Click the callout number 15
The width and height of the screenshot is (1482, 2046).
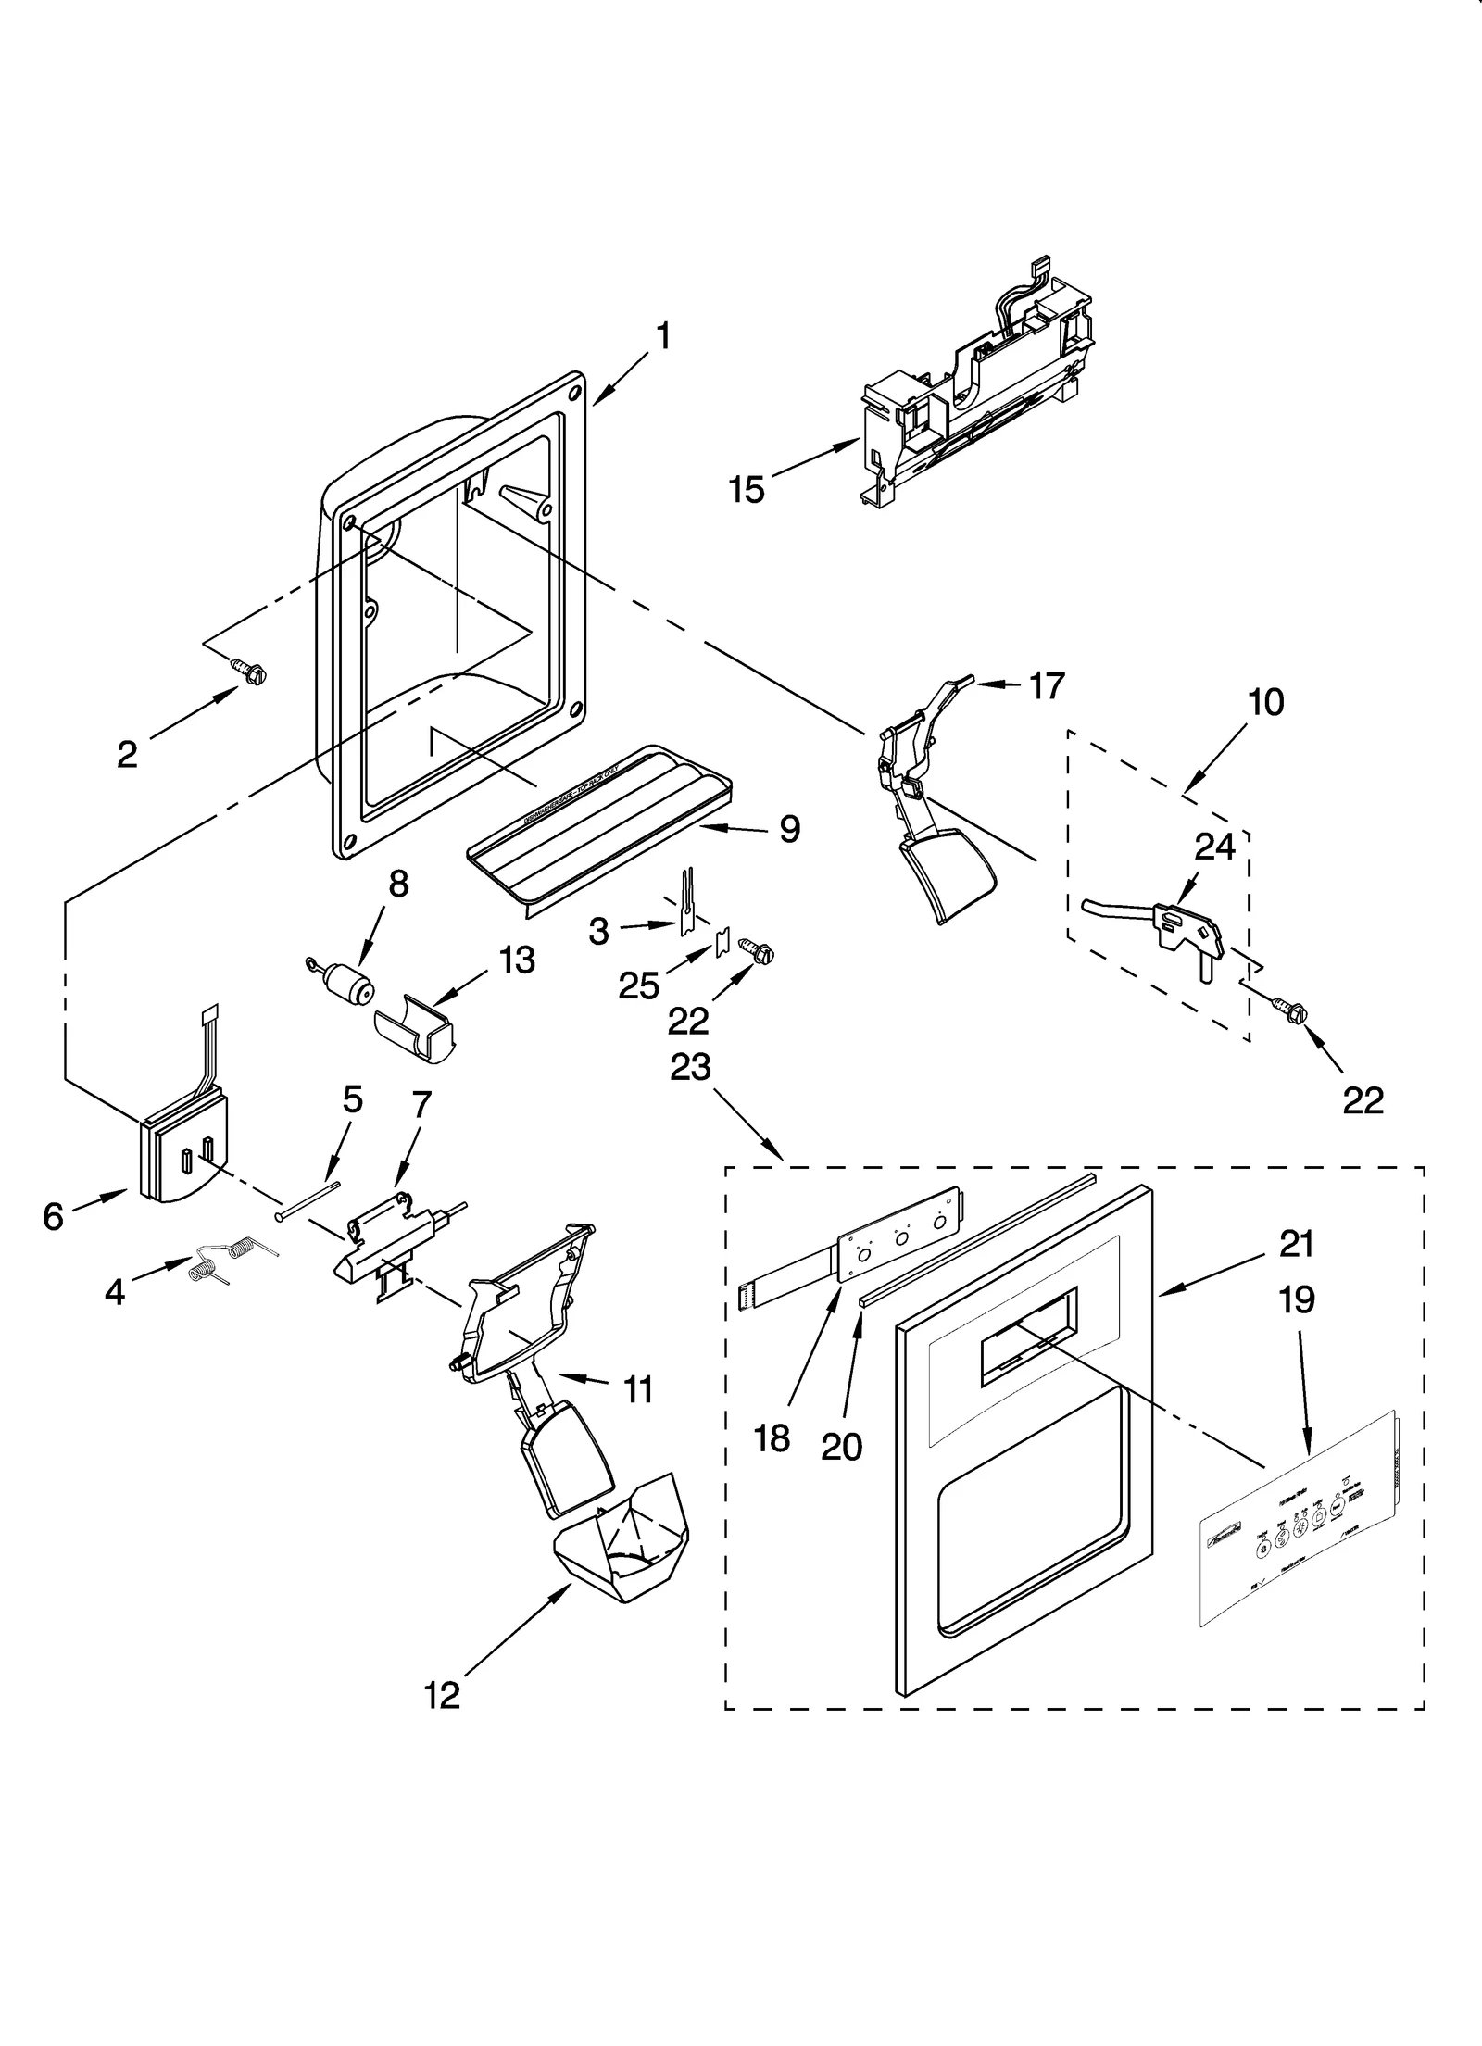(746, 489)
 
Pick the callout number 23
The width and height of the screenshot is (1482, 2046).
(690, 1067)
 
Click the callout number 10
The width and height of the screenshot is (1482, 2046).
(1265, 702)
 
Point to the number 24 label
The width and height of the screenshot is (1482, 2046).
(1214, 846)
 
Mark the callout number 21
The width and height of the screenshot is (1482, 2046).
(1297, 1244)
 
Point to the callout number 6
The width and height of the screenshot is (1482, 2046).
(53, 1216)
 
